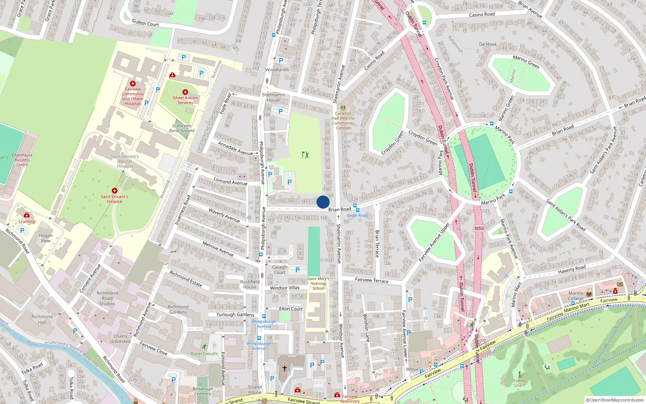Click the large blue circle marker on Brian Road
[323, 202]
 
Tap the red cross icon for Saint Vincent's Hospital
[115, 191]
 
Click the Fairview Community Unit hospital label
[133, 96]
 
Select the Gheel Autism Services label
[185, 100]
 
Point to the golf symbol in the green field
[305, 154]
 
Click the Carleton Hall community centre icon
[343, 108]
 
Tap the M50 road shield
[479, 228]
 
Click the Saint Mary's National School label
[318, 283]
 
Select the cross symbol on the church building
[284, 368]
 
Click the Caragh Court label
[279, 269]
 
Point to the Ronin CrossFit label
[204, 353]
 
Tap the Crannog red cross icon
[27, 215]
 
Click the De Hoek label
[488, 44]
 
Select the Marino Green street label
[526, 62]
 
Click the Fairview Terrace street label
[371, 280]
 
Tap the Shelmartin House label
[273, 97]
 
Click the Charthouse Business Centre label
[22, 160]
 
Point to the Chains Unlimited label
[120, 339]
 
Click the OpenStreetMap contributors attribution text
[615, 400]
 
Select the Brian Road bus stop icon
[356, 206]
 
